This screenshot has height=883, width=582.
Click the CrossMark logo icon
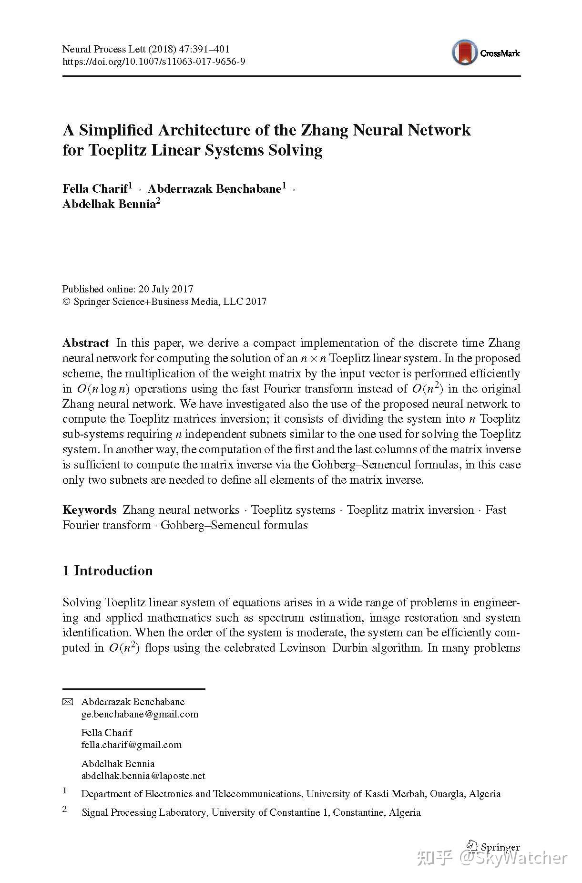(x=465, y=52)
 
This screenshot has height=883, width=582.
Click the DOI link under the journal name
(x=153, y=62)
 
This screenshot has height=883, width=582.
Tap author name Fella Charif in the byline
(x=95, y=188)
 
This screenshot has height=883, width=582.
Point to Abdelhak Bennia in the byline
(x=109, y=204)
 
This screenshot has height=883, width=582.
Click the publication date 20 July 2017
(x=165, y=289)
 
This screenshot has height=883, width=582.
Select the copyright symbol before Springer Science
(x=66, y=301)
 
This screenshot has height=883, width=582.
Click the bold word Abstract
(x=86, y=343)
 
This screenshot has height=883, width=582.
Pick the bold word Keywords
(x=89, y=510)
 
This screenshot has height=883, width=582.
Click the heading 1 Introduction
(x=108, y=571)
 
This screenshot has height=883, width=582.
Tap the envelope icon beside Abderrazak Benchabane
(x=68, y=702)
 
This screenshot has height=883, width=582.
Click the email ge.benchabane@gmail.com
(x=140, y=714)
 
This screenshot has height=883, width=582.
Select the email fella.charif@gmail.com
(x=132, y=745)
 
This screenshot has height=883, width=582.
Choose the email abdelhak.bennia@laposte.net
(x=143, y=776)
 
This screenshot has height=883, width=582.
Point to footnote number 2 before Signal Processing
(x=65, y=809)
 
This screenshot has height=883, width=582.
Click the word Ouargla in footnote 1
(x=447, y=794)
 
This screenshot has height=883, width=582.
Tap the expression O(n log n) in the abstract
(x=102, y=389)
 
